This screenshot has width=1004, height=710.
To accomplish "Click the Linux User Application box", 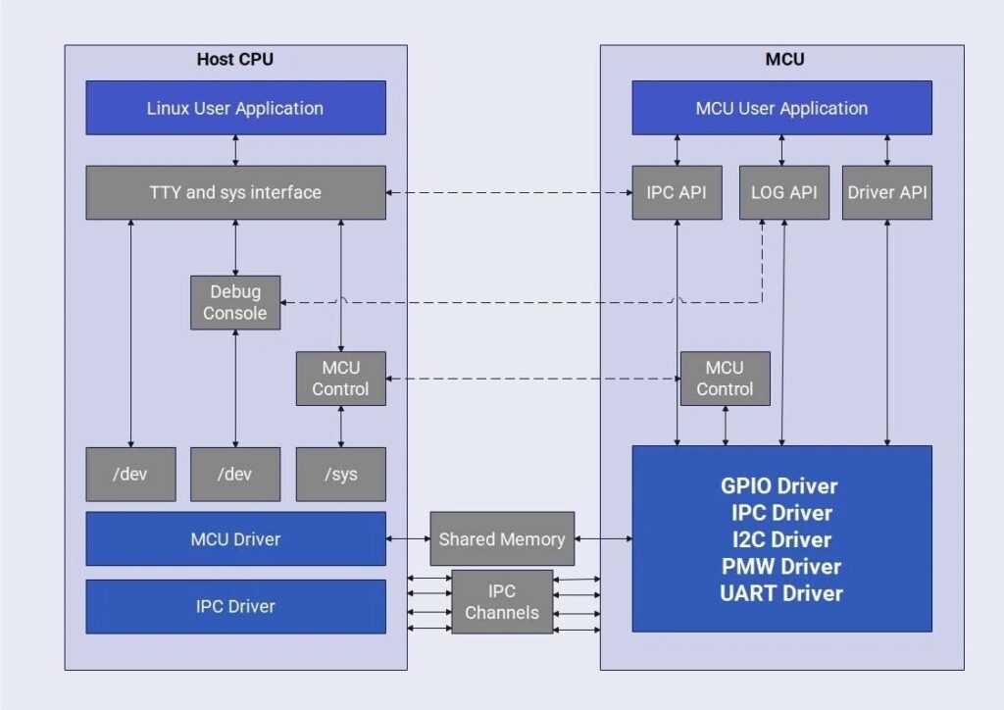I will click(x=235, y=108).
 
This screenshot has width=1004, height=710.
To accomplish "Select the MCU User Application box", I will click(x=781, y=108).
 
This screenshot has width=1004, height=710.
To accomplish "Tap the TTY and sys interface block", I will click(x=235, y=192).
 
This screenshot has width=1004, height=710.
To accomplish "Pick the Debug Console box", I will click(x=235, y=302).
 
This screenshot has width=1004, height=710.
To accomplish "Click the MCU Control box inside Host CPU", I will click(x=340, y=379).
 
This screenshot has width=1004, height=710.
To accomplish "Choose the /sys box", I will click(x=340, y=475).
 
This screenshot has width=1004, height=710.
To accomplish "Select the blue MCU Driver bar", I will click(x=235, y=538).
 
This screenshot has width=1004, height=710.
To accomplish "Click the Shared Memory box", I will click(x=502, y=538).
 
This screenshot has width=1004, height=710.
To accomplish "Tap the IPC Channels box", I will click(x=502, y=602).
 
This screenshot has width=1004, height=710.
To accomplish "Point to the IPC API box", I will click(x=677, y=192).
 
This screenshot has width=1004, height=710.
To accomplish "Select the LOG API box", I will click(x=781, y=192).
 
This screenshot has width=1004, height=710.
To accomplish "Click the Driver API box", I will click(x=886, y=192).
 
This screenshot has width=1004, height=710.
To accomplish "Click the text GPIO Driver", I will click(x=779, y=485).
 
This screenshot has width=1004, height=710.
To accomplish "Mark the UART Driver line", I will click(x=781, y=592).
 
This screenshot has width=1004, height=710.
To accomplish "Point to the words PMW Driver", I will click(x=781, y=566).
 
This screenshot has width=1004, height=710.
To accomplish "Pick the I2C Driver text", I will click(x=781, y=539).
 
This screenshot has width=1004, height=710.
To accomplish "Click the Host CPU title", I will click(x=235, y=59).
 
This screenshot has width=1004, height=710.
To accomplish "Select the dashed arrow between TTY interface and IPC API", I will click(x=508, y=192).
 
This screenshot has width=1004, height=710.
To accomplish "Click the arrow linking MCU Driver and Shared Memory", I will click(x=408, y=538).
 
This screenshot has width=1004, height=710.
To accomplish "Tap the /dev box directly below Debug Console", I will click(x=235, y=475).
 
